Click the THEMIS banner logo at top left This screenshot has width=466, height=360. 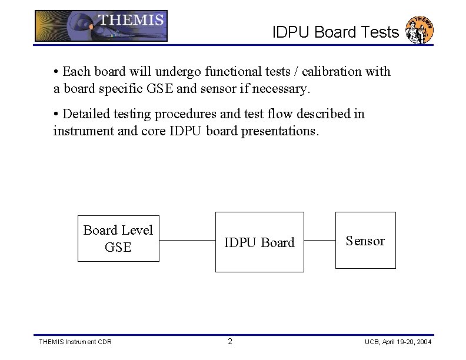tap(101, 26)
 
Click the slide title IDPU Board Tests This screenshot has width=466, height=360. tap(335, 32)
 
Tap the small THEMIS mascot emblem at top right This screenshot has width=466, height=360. tap(420, 29)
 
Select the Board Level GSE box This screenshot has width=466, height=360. tap(118, 238)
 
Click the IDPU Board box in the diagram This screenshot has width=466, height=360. tap(259, 242)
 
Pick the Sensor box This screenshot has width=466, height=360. tap(365, 241)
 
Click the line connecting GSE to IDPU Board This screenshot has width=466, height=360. tap(187, 241)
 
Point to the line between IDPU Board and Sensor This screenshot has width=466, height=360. tap(319, 241)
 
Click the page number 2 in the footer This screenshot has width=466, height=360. tap(230, 342)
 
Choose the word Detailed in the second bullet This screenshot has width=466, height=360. tap(86, 114)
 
